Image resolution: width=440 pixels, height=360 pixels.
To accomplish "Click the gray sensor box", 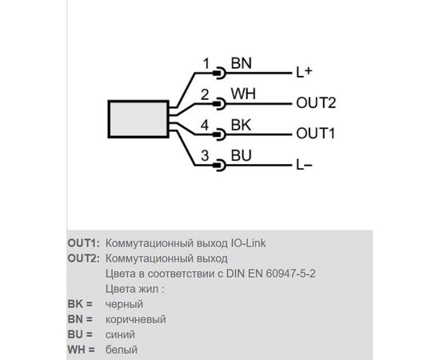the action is pyautogui.click(x=138, y=119).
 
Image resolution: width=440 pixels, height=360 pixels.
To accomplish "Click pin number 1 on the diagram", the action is pyautogui.click(x=206, y=63).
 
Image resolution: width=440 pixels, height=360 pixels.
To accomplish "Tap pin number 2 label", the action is pyautogui.click(x=205, y=94).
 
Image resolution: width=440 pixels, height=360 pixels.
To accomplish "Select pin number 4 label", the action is pyautogui.click(x=205, y=125).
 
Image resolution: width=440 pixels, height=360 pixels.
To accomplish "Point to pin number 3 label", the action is pyautogui.click(x=205, y=156).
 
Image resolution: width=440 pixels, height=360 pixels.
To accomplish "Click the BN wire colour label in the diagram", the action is pyautogui.click(x=241, y=63).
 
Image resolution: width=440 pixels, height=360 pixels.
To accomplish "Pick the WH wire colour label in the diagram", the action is pyautogui.click(x=243, y=94).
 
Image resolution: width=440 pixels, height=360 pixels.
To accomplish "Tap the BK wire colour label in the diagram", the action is pyautogui.click(x=241, y=125).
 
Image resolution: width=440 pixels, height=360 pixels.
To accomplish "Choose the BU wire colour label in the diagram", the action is pyautogui.click(x=241, y=155).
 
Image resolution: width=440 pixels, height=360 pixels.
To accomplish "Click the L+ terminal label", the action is pyautogui.click(x=304, y=72).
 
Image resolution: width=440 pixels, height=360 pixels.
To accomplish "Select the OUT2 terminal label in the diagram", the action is pyautogui.click(x=316, y=103).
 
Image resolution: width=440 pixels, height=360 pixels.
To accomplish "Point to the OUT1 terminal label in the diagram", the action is pyautogui.click(x=316, y=134).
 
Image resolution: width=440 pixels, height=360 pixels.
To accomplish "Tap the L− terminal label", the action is pyautogui.click(x=304, y=165).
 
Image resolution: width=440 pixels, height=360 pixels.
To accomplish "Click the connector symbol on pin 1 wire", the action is pyautogui.click(x=219, y=74).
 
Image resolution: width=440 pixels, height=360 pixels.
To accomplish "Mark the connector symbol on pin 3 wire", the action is pyautogui.click(x=219, y=166).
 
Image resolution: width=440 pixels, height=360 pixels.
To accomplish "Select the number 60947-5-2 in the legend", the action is pyautogui.click(x=290, y=274).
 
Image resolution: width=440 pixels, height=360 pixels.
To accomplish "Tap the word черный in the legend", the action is pyautogui.click(x=124, y=305).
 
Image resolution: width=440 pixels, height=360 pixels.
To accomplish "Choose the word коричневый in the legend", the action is pyautogui.click(x=136, y=319).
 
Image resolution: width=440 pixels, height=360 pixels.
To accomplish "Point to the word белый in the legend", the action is pyautogui.click(x=122, y=350).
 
